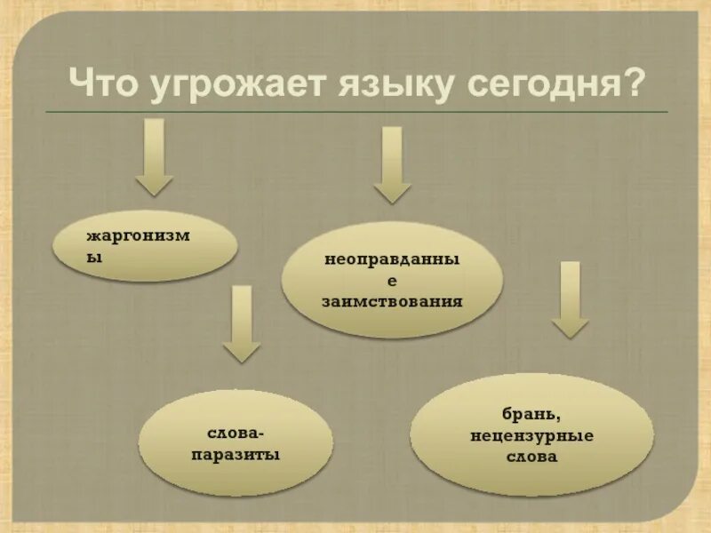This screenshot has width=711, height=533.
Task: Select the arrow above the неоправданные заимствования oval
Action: [x=392, y=164]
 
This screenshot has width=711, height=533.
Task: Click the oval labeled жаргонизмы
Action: [x=145, y=246]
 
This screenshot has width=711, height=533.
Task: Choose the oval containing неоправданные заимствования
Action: [x=392, y=280]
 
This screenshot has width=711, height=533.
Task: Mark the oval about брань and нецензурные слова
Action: [x=531, y=434]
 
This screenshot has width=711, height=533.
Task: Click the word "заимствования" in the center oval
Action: [x=392, y=301]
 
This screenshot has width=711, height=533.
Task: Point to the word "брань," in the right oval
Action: [x=532, y=414]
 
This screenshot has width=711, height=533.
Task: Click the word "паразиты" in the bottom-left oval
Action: [x=236, y=454]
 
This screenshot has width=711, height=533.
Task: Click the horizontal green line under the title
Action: [x=355, y=112]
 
